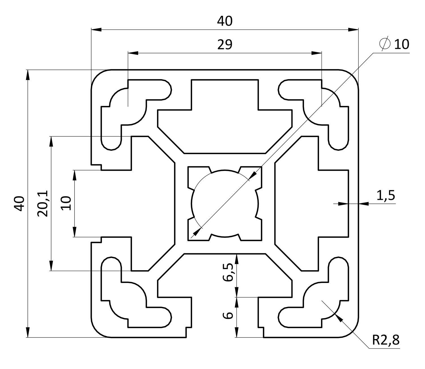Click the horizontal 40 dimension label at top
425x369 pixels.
225,21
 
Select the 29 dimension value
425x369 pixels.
225,45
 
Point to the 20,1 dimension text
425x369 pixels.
43,203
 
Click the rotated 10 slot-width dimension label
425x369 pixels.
66,203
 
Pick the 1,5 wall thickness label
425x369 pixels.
386,196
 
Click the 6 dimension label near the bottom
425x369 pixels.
228,315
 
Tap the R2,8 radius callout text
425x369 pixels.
385,340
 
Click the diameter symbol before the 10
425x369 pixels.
384,44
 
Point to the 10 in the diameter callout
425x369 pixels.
401,44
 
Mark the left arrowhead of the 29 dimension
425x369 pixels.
133,53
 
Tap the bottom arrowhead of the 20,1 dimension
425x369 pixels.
51,266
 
